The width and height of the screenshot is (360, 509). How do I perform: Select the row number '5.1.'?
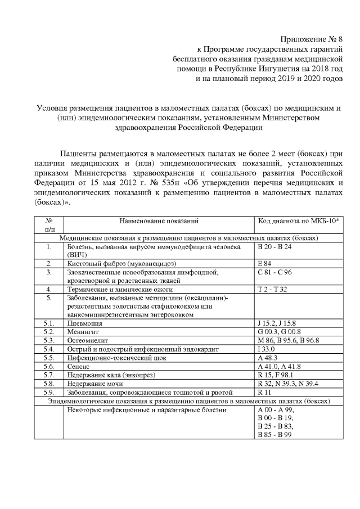click(x=49, y=323)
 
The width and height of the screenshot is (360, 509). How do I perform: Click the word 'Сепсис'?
click(x=79, y=366)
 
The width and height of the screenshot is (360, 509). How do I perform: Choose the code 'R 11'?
click(x=264, y=391)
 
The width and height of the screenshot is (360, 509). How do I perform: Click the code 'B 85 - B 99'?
click(x=275, y=435)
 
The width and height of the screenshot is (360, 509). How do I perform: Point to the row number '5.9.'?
click(x=49, y=391)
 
